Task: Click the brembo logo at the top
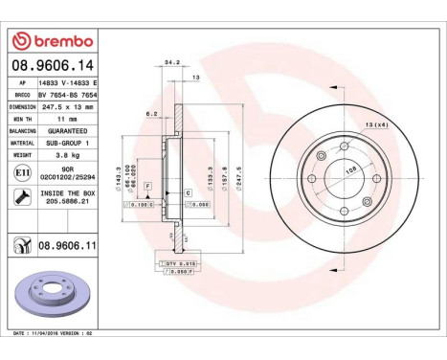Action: click(51, 41)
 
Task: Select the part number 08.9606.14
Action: click(50, 65)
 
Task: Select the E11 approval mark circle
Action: click(21, 172)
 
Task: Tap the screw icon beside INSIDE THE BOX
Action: click(21, 196)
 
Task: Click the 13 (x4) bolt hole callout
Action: click(375, 126)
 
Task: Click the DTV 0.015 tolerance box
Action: click(177, 261)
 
